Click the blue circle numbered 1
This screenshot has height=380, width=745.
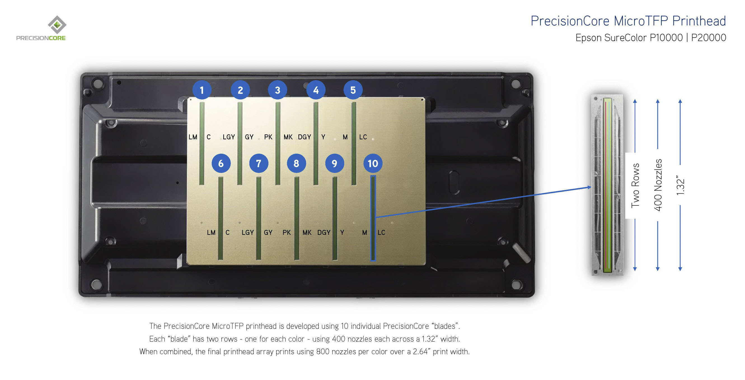click(x=202, y=90)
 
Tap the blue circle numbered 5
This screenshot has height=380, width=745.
click(x=353, y=90)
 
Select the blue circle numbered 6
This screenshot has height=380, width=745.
click(x=221, y=163)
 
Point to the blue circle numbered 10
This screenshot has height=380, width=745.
click(x=373, y=163)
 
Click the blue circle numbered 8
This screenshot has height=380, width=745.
click(x=296, y=163)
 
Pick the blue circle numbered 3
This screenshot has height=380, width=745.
click(x=277, y=90)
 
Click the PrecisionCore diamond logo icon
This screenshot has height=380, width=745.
click(x=57, y=25)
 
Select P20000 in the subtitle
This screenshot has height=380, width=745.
click(x=708, y=38)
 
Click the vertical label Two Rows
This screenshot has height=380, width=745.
click(x=635, y=185)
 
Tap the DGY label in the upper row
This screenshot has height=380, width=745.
click(x=304, y=137)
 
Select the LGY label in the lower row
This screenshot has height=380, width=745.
click(x=248, y=232)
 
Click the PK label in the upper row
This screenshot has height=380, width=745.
click(x=268, y=137)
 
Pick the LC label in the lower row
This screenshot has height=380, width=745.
click(x=381, y=232)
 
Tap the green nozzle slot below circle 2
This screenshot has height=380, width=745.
click(x=240, y=143)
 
